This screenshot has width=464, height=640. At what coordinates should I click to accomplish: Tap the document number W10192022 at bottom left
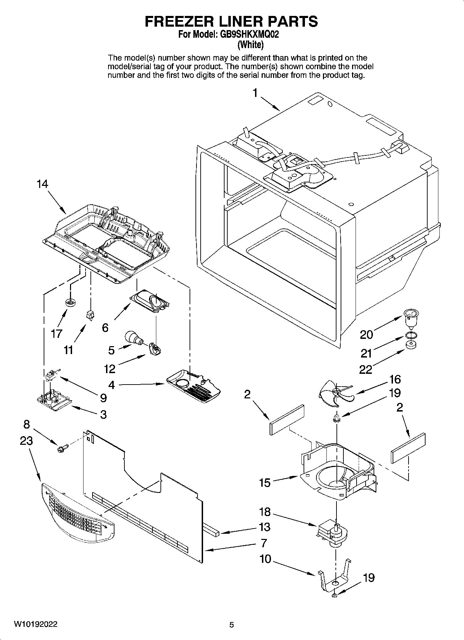(36, 624)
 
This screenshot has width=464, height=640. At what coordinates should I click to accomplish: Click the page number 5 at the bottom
(231, 625)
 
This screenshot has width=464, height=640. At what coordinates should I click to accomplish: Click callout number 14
(42, 184)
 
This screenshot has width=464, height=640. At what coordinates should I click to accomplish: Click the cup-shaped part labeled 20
(410, 318)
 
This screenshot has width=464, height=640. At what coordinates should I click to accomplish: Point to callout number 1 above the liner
(255, 93)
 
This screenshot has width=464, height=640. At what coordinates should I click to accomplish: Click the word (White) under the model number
(250, 45)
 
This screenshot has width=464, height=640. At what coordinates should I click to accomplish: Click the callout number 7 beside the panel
(264, 543)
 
